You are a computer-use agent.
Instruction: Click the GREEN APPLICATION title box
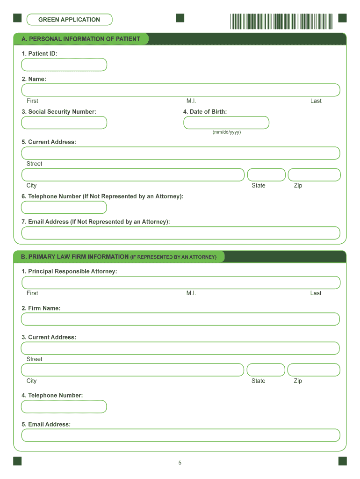point(69,20)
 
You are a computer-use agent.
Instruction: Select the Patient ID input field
point(64,65)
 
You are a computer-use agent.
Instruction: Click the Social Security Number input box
point(64,123)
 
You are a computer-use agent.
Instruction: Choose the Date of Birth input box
point(226,123)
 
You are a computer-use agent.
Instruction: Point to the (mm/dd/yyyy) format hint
point(227,132)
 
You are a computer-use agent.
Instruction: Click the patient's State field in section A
point(266,175)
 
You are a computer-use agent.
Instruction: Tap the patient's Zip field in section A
point(314,175)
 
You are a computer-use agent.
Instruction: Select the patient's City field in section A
point(133,175)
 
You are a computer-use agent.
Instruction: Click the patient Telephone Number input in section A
point(64,207)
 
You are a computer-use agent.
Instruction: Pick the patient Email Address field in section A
point(180,233)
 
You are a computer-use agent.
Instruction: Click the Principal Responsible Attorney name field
point(180,283)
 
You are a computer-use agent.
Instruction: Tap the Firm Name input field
point(180,319)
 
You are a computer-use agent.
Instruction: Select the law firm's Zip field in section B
point(314,370)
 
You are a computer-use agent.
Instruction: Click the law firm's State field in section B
point(266,370)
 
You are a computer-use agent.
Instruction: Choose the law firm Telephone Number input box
point(64,406)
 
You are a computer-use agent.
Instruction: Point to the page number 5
point(180,463)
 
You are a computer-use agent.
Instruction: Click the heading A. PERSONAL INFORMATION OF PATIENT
point(80,39)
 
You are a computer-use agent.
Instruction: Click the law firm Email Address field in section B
point(180,435)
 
